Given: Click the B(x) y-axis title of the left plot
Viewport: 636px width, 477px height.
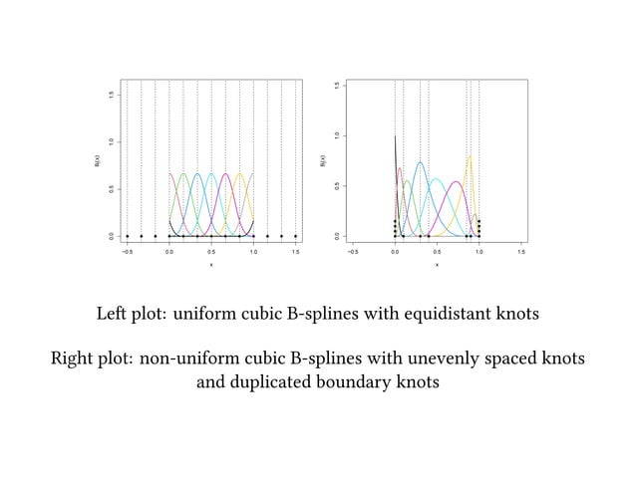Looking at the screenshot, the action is pyautogui.click(x=97, y=159).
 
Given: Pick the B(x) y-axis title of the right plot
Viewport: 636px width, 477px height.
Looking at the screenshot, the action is pyautogui.click(x=322, y=159).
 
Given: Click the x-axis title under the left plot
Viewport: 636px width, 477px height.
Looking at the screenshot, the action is pyautogui.click(x=211, y=265).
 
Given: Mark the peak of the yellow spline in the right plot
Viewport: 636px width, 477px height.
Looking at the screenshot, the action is pyautogui.click(x=470, y=155).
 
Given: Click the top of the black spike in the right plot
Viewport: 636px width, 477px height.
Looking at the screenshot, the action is pyautogui.click(x=396, y=136).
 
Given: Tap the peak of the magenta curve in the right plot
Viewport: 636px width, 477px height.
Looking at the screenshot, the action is pyautogui.click(x=456, y=182).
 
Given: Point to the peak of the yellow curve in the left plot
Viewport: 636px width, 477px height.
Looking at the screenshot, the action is pyautogui.click(x=239, y=174).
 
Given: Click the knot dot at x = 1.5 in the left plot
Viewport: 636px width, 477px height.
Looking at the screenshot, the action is pyautogui.click(x=296, y=236).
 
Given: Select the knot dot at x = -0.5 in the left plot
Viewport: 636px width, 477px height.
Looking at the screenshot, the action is pyautogui.click(x=128, y=236).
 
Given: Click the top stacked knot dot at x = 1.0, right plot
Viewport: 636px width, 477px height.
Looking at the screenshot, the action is pyautogui.click(x=479, y=221).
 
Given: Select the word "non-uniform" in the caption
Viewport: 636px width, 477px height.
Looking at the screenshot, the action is pyautogui.click(x=185, y=358).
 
